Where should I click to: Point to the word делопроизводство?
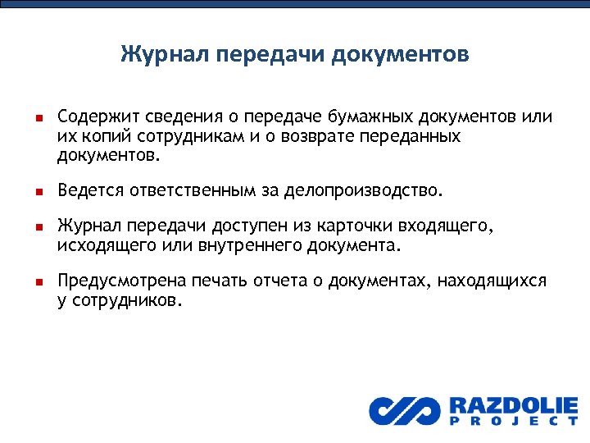pyautogui.click(x=362, y=191)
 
